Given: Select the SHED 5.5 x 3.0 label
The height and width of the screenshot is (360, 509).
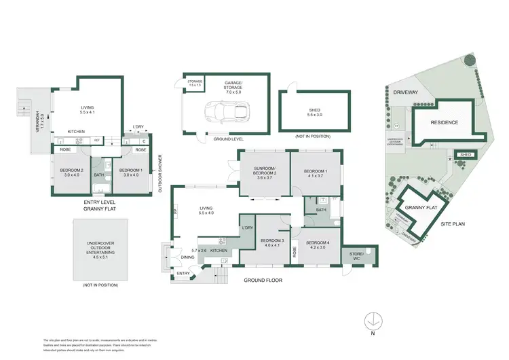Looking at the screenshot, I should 315,113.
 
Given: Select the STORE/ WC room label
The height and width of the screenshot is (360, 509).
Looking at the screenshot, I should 356,256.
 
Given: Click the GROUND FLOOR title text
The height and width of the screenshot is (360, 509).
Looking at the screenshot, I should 264,280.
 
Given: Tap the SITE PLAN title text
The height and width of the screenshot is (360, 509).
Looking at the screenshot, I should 455,223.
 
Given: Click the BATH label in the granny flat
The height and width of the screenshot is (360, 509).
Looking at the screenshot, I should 99,174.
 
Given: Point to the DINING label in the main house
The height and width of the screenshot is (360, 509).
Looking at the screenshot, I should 187,257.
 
